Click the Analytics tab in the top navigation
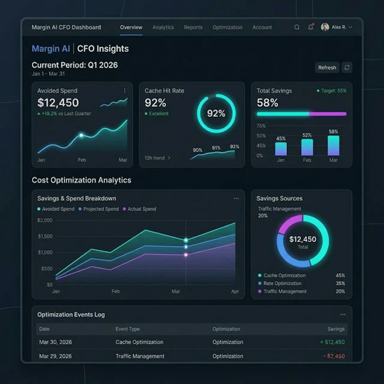[163, 27]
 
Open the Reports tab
[193, 27]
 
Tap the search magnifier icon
[297, 27]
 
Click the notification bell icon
[311, 27]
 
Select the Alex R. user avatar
[325, 27]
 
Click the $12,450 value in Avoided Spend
[58, 103]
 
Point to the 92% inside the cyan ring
[216, 113]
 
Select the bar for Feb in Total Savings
[307, 147]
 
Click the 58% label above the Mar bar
[333, 132]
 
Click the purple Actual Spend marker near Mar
[186, 255]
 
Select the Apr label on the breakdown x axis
[235, 291]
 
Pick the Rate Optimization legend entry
[282, 283]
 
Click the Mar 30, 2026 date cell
[55, 342]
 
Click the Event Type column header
[128, 329]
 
